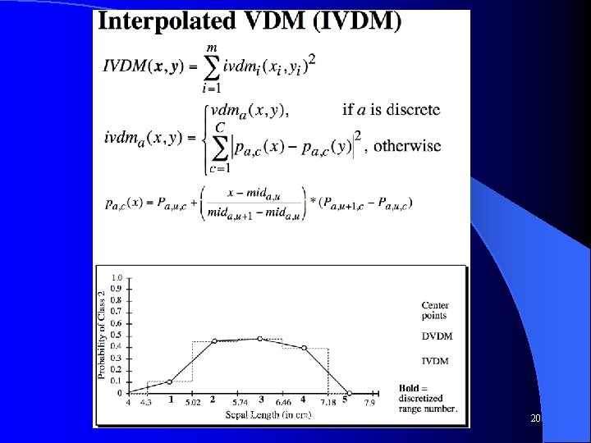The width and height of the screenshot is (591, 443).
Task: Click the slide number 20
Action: (x=535, y=418)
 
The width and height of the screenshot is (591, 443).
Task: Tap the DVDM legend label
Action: (x=437, y=336)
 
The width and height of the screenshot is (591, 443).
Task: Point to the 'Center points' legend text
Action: (x=435, y=311)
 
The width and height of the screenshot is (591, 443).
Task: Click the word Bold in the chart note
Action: (x=410, y=388)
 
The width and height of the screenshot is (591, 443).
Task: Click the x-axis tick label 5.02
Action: (x=193, y=403)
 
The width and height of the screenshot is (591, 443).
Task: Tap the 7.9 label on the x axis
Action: (x=370, y=403)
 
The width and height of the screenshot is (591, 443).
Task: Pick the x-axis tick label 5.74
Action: (x=240, y=403)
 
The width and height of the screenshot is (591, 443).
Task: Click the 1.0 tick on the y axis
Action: (x=117, y=277)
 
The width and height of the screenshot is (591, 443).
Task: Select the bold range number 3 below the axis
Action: (x=260, y=400)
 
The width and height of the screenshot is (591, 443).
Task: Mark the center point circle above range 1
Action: (x=170, y=381)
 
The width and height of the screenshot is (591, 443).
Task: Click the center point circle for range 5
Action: (x=349, y=393)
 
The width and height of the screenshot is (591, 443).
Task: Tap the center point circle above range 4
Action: (x=304, y=348)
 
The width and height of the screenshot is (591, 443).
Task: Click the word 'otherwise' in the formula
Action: (x=407, y=146)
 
